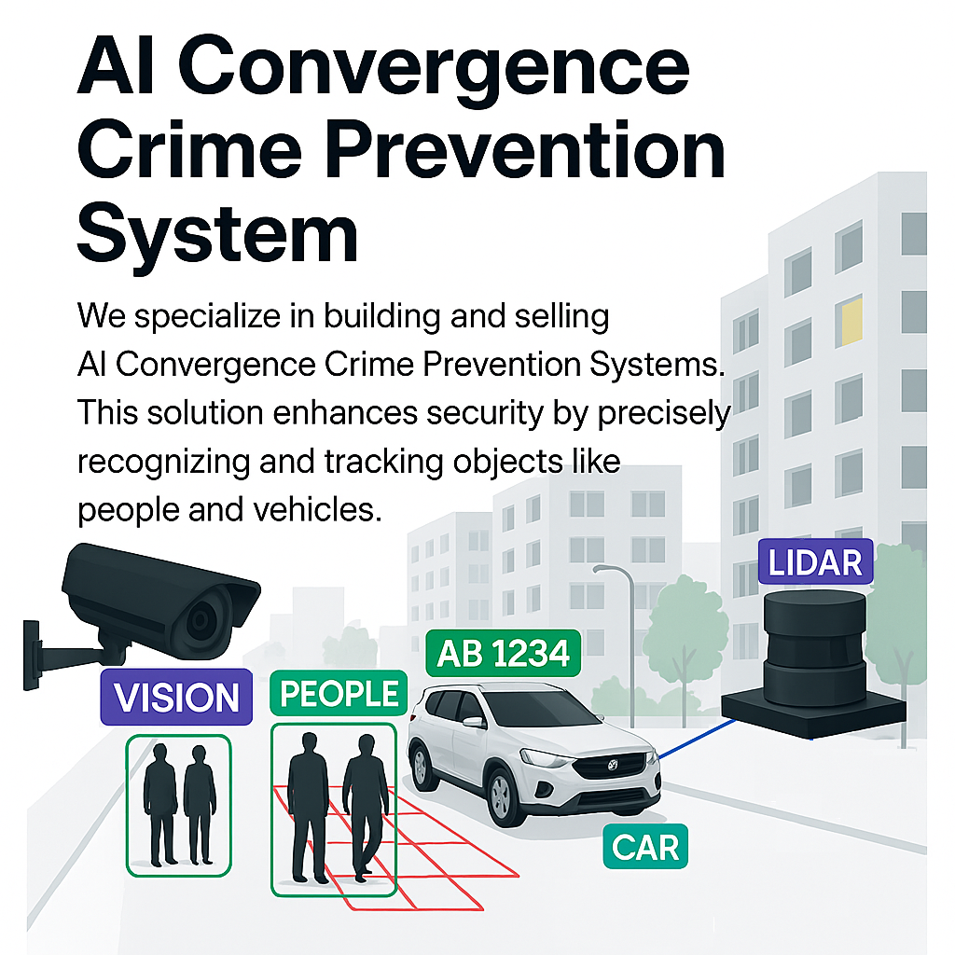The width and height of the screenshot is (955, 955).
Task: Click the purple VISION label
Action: [175, 697]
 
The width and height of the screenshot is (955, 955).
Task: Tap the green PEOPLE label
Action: [339, 695]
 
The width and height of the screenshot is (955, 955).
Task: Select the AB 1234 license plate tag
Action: [503, 653]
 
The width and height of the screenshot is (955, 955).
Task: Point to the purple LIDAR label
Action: [815, 562]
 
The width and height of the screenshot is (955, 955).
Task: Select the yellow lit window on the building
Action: [849, 321]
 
